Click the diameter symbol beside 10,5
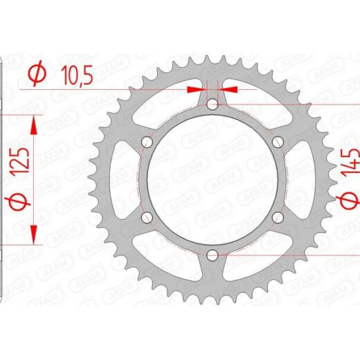pos(37,73)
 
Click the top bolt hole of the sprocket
pos(213,105)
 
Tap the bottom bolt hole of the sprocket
pos(212,255)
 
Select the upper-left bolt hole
pos(147,142)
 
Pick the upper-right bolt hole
pos(278,142)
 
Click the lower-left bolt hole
pos(147,217)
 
